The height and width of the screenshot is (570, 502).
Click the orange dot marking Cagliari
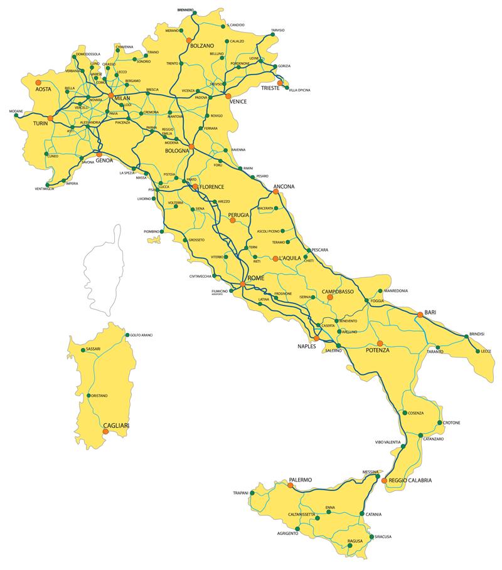(x=104, y=430)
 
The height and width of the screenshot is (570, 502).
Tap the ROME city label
(x=257, y=278)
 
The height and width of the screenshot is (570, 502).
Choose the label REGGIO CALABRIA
(x=410, y=481)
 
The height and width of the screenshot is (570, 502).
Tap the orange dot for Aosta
(x=38, y=82)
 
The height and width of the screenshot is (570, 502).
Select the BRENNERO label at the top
(x=185, y=10)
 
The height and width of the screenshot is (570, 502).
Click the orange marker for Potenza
(x=380, y=343)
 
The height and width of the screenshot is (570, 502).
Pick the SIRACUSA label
(x=382, y=537)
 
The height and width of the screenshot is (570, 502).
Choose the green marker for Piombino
(x=161, y=231)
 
